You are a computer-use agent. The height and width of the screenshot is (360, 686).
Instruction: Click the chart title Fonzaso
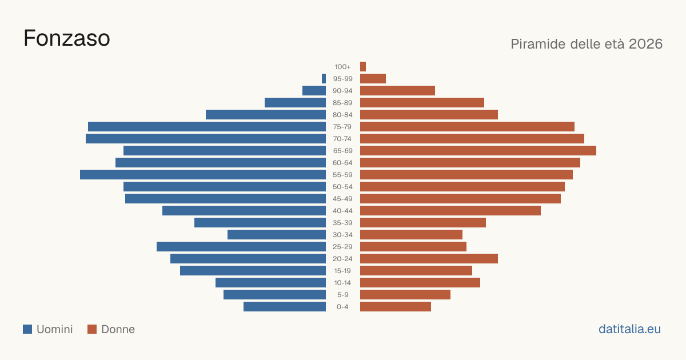(x=66, y=38)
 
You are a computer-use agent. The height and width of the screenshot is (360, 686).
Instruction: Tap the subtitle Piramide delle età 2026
(x=587, y=44)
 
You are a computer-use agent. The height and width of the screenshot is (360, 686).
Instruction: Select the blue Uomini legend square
(x=27, y=329)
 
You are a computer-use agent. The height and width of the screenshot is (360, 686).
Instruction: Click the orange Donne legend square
(x=92, y=329)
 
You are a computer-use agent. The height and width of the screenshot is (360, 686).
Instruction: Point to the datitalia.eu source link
(x=629, y=329)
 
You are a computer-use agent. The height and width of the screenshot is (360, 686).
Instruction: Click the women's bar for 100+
(x=363, y=66)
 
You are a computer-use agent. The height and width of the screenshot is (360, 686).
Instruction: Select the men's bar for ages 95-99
(x=324, y=79)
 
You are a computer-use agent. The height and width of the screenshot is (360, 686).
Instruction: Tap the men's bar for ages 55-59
(x=203, y=174)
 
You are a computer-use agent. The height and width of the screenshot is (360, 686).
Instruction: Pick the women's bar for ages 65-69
(x=478, y=151)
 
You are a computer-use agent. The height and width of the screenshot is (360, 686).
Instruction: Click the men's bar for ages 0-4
(x=285, y=307)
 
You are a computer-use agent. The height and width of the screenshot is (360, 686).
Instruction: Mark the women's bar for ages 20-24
(x=429, y=259)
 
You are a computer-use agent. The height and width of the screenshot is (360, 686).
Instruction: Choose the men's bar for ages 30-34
(x=277, y=235)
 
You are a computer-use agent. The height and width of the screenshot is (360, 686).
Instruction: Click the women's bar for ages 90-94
(x=397, y=91)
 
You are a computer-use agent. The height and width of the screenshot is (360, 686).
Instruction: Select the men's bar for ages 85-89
(x=295, y=102)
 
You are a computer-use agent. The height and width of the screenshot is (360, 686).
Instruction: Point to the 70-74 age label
(x=342, y=139)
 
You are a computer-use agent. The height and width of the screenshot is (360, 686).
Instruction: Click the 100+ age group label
(x=342, y=67)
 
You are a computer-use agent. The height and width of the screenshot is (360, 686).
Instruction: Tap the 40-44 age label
(x=342, y=211)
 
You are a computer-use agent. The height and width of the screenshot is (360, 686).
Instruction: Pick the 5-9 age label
(x=342, y=295)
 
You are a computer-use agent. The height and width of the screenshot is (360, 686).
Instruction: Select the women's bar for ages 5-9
(x=405, y=295)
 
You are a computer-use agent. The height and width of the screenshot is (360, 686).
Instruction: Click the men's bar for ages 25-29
(x=241, y=247)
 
